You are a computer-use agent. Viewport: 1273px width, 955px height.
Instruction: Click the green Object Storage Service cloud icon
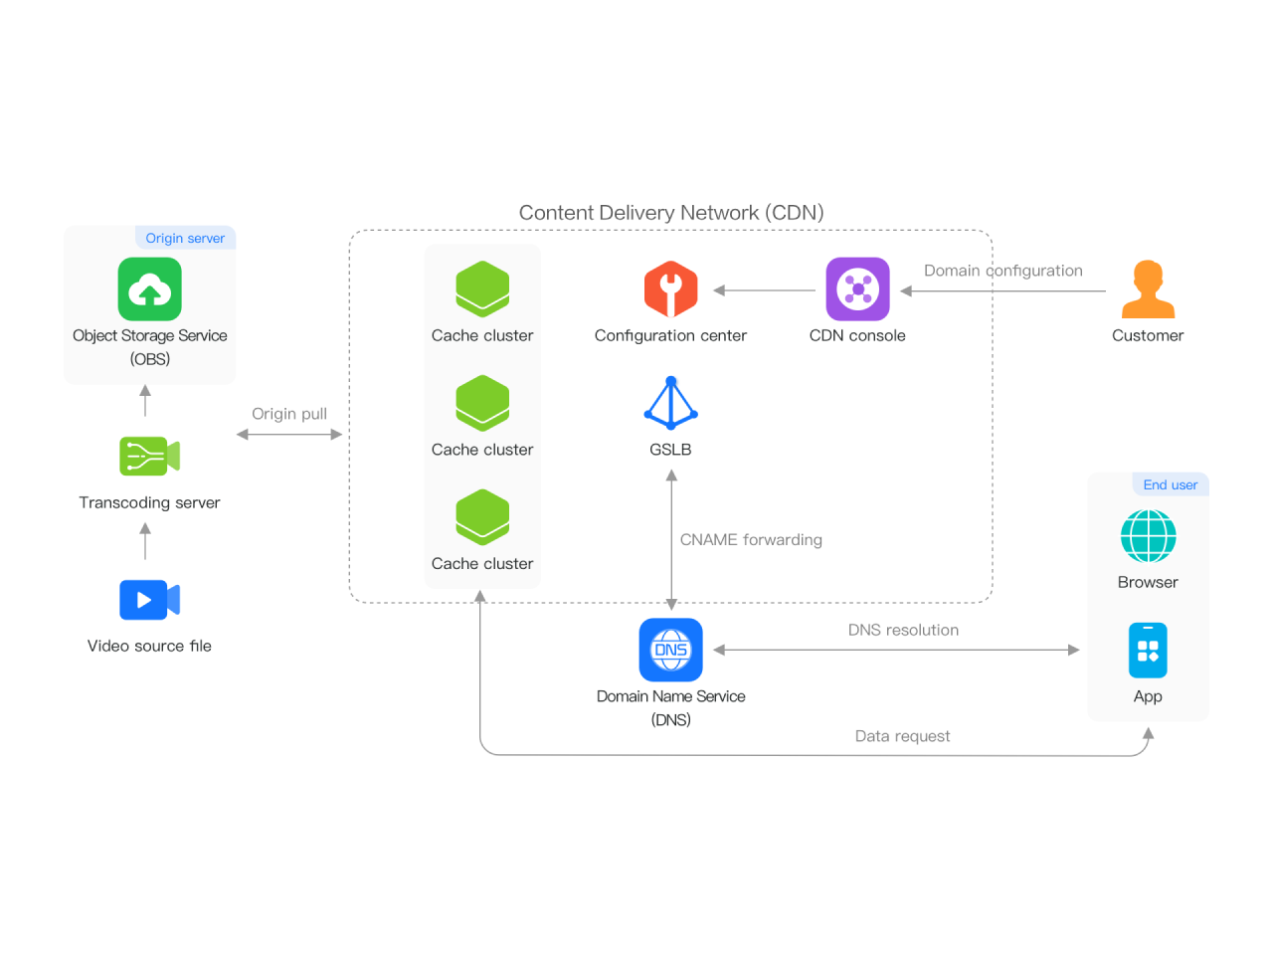pos(149,289)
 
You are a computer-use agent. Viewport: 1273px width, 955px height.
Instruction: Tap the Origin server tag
pos(185,238)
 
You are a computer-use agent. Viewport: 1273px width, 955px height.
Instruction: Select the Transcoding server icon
pos(149,456)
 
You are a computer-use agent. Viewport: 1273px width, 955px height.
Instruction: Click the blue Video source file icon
pos(149,600)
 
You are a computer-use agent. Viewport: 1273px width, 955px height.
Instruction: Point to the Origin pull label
pos(289,414)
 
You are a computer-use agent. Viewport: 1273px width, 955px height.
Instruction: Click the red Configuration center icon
pos(670,289)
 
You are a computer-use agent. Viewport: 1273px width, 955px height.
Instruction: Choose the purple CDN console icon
pos(857,289)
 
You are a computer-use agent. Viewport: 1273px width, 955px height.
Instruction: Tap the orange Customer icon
pos(1148,289)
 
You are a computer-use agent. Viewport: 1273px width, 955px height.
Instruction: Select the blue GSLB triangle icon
pos(670,403)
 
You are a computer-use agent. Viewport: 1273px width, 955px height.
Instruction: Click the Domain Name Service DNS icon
pos(670,650)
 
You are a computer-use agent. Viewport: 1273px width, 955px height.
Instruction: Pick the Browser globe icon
pos(1148,536)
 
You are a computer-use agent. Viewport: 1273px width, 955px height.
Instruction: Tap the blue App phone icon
pos(1148,651)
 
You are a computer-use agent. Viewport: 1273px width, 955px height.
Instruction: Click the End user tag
pos(1171,484)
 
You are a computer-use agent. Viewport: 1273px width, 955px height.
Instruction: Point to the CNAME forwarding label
pos(751,539)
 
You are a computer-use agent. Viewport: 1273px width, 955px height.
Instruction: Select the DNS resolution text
pos(903,630)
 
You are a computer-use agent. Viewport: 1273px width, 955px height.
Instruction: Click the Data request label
pos(902,736)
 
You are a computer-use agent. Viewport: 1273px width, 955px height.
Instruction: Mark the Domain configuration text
pos(1002,271)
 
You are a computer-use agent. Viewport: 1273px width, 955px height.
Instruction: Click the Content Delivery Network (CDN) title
pos(671,213)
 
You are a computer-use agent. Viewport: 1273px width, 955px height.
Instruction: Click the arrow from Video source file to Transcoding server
pos(146,541)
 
